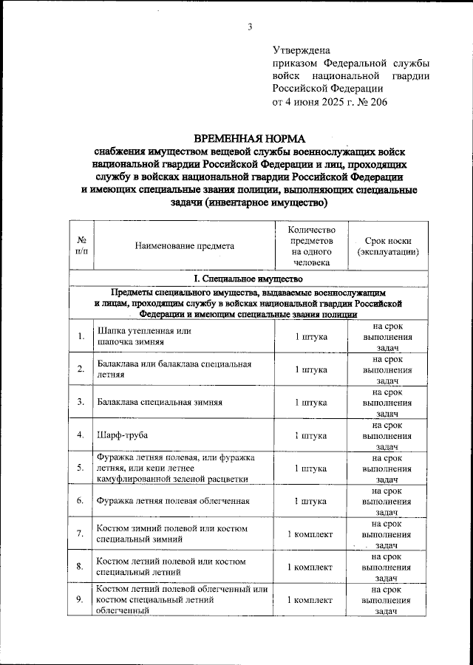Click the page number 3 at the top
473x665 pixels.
pos(250,28)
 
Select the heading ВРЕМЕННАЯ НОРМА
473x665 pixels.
pos(249,138)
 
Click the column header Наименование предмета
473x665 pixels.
pos(184,246)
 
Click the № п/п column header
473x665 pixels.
pos(79,246)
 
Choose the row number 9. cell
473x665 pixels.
pos(79,599)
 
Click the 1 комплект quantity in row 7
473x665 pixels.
pos(309,534)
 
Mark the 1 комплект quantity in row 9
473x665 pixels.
pos(309,599)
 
